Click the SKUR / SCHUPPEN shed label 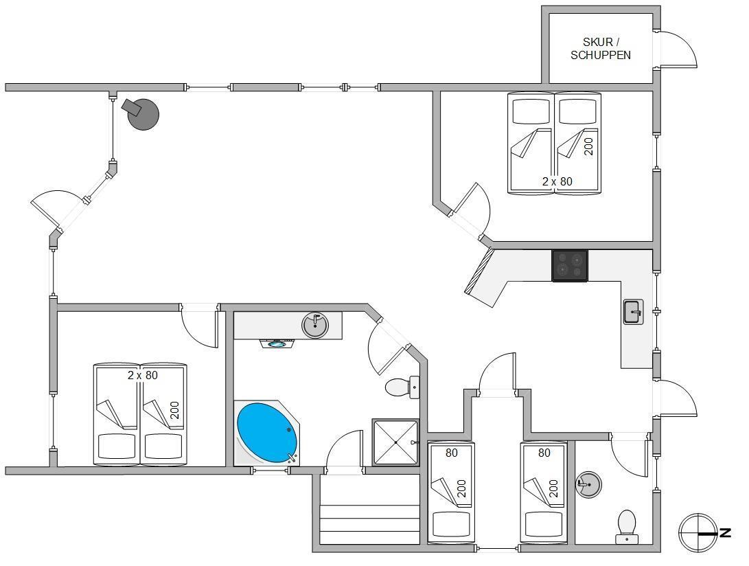tap(601, 49)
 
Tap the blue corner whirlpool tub tap(267, 433)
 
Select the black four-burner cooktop tap(570, 265)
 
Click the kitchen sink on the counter tap(634, 312)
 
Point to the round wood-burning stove tap(142, 114)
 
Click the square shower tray tap(395, 442)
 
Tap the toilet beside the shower tap(402, 387)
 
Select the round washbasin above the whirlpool tap(315, 325)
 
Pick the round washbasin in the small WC tap(588, 484)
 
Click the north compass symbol tap(698, 532)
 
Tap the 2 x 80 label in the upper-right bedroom tap(557, 181)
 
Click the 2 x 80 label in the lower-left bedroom tap(142, 375)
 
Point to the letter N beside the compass tap(725, 532)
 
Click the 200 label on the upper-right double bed tap(588, 146)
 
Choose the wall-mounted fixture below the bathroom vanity tap(277, 343)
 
